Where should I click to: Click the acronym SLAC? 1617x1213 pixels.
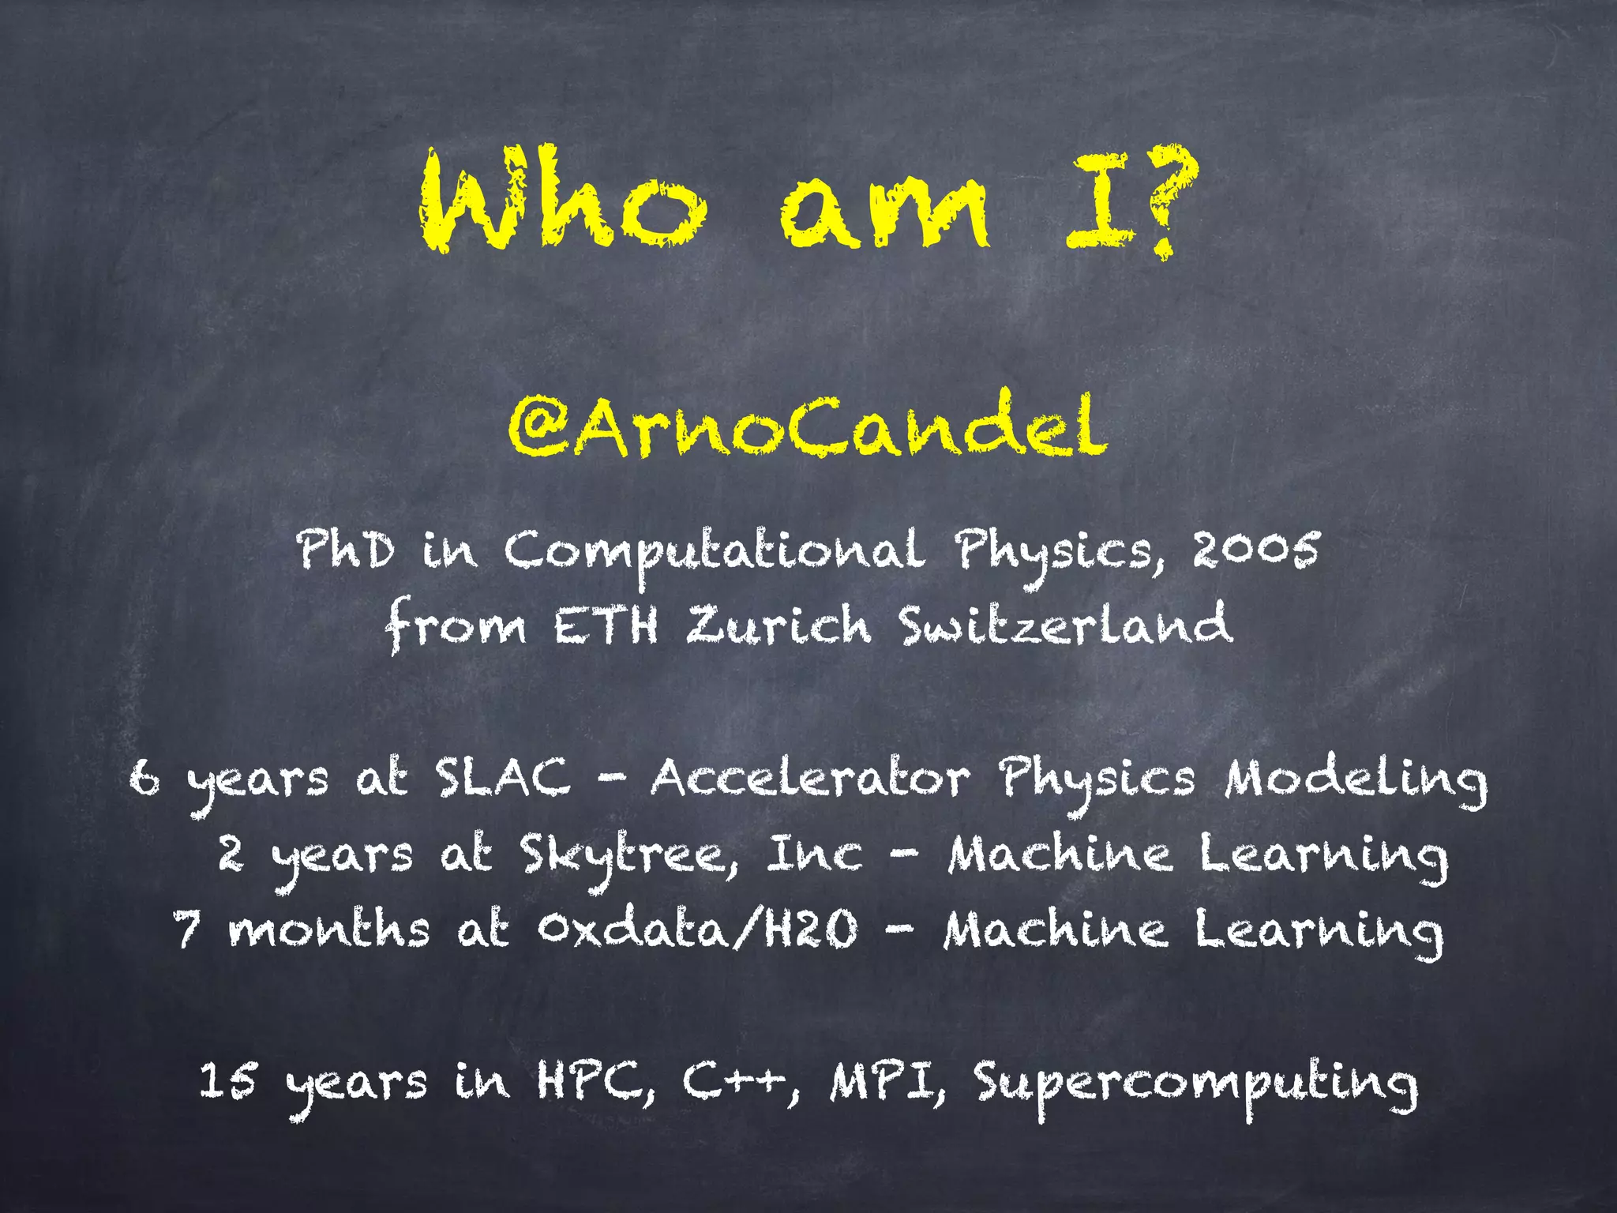(502, 778)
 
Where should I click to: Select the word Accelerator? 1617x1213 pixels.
(810, 778)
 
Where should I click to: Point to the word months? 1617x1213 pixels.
(329, 929)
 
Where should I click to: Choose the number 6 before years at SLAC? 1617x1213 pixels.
(145, 778)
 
